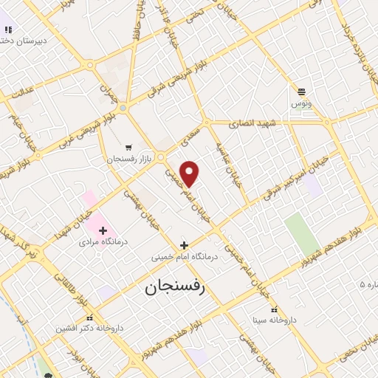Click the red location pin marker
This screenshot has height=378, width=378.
point(190,173)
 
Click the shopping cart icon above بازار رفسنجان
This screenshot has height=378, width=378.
point(130,147)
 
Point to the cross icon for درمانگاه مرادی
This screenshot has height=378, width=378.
point(103,230)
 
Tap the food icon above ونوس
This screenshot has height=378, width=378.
point(301,92)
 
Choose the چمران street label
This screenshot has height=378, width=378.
point(109,89)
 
